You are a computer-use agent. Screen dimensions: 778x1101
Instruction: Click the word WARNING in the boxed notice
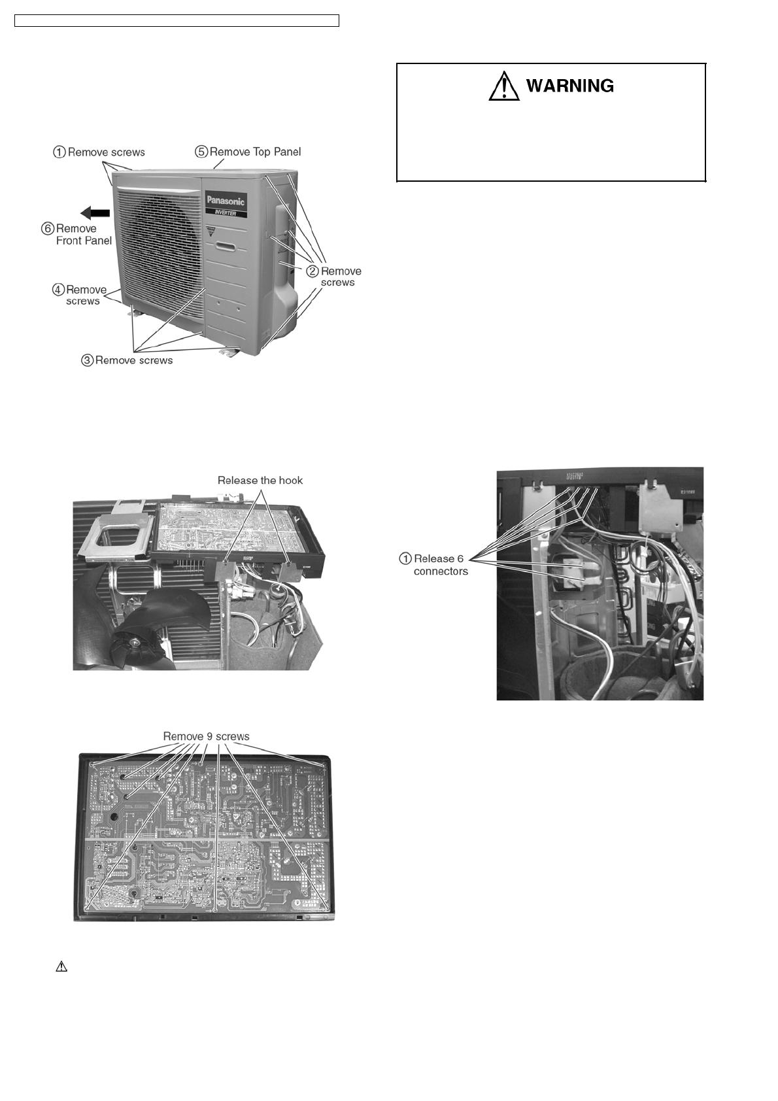[569, 86]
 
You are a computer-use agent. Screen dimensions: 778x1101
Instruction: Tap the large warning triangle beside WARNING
[504, 87]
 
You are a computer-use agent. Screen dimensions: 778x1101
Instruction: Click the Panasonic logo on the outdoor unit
[226, 200]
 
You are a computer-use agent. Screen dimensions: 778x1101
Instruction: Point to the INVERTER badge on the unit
[226, 212]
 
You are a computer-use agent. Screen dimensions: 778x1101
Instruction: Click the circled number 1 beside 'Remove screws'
[59, 152]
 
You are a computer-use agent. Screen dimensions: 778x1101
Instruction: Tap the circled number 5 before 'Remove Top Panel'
[201, 152]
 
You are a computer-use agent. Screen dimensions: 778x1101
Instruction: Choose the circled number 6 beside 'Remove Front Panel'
[48, 229]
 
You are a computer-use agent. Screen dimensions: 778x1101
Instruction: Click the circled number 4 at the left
[58, 290]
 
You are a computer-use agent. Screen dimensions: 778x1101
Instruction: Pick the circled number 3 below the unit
[88, 360]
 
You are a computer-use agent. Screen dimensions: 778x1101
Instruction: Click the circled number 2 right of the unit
[313, 271]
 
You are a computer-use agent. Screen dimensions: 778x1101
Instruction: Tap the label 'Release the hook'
[260, 480]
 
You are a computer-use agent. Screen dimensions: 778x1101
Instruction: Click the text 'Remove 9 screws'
[206, 736]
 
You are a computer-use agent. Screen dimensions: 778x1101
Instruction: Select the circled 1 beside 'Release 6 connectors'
[405, 559]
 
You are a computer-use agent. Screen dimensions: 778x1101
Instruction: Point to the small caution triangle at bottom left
[61, 966]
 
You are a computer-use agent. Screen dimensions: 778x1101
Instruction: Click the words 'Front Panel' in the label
[84, 241]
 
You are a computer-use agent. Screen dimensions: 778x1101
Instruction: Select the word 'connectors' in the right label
[441, 571]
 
